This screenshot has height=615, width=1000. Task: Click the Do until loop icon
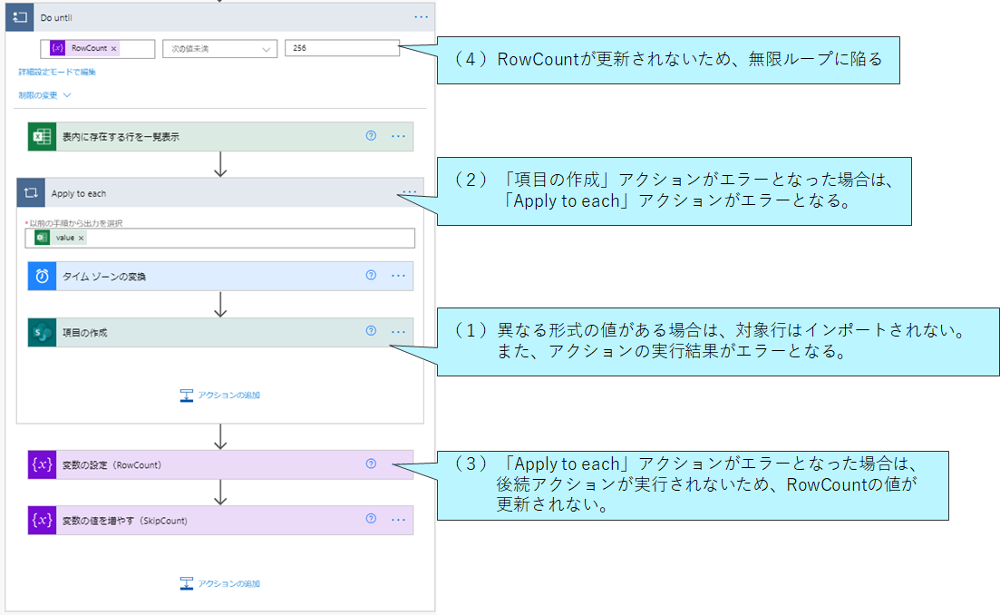(x=20, y=17)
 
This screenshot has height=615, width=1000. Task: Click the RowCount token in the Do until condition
(x=83, y=48)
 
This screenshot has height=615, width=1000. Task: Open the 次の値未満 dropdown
(x=219, y=48)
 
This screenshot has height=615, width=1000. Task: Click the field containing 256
(x=342, y=48)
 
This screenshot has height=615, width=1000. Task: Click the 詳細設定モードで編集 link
(x=57, y=72)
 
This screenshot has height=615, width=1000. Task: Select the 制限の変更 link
(x=44, y=95)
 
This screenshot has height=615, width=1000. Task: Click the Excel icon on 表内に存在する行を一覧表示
(x=42, y=137)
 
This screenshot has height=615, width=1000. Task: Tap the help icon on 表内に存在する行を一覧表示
(x=371, y=135)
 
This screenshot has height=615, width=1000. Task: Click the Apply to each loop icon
(x=31, y=192)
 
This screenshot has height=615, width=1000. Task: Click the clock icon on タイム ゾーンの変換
(x=42, y=277)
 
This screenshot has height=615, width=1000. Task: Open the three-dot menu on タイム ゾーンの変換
(x=399, y=276)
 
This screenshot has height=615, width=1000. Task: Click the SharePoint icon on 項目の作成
(x=42, y=332)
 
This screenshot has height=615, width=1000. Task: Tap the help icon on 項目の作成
(x=371, y=330)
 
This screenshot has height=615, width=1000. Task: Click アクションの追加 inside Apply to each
(x=220, y=395)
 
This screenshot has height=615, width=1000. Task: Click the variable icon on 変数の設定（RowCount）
(x=42, y=464)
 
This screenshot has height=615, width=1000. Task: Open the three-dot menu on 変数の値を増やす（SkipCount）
(x=399, y=520)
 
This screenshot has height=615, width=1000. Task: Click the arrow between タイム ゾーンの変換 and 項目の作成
(x=220, y=304)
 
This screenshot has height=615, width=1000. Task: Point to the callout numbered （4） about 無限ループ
(x=668, y=60)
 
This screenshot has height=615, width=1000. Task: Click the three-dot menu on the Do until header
(x=422, y=17)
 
